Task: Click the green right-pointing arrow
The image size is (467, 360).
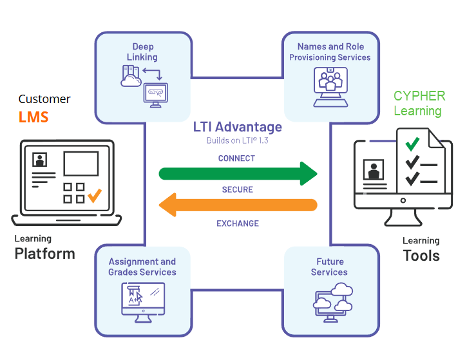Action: [x=238, y=173]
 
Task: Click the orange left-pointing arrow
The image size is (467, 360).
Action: [x=238, y=205]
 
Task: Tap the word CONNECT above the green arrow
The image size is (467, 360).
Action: [x=236, y=158]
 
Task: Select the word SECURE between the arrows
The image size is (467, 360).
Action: [x=237, y=190]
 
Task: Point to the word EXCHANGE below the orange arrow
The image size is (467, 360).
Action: [x=237, y=223]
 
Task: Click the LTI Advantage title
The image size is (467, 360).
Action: [x=238, y=128]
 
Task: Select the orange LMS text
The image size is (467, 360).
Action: [x=33, y=118]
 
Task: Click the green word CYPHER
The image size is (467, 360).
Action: [x=419, y=96]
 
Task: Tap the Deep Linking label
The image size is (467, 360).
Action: [x=143, y=52]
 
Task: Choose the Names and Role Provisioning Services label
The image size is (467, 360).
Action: [x=330, y=52]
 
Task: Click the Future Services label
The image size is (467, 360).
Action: [x=330, y=267]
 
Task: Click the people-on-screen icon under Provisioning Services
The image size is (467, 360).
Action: [x=330, y=84]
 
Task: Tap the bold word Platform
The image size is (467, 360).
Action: [x=44, y=253]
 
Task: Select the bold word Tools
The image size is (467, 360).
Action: [x=421, y=255]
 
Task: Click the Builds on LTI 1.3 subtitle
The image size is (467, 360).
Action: [x=237, y=140]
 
